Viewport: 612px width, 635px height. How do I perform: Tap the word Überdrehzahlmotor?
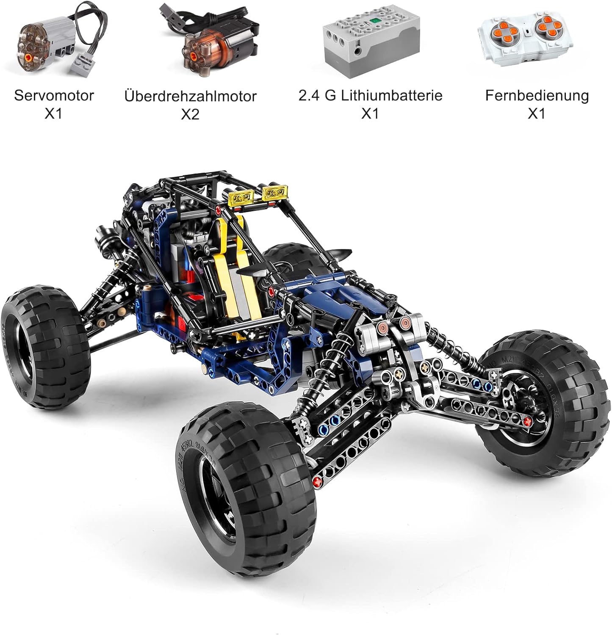pyautogui.click(x=190, y=96)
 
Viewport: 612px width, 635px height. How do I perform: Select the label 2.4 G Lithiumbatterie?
pyautogui.click(x=370, y=95)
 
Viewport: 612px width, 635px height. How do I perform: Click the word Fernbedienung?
pyautogui.click(x=537, y=95)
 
